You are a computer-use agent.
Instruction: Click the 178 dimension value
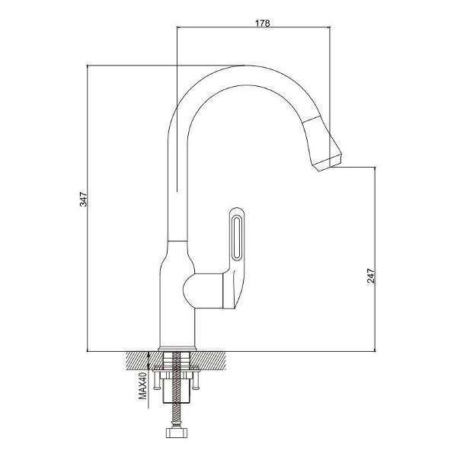263,23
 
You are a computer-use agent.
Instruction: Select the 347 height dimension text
84,199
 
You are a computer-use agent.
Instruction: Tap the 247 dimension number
371,276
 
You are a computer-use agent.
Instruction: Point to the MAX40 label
142,385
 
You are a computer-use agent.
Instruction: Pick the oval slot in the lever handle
235,238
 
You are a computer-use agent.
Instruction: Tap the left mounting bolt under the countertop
157,379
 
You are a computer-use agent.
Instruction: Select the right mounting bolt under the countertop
196,379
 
